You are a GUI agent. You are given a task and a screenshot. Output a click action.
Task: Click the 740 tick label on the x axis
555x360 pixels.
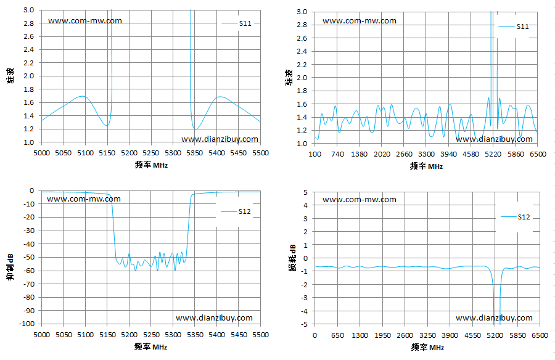[338, 154]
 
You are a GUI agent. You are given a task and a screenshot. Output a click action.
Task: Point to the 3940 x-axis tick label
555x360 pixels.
[448, 154]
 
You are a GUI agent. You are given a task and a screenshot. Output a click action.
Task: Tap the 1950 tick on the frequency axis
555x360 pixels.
[382, 335]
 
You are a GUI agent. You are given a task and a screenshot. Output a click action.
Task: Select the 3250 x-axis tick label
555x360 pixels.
[427, 335]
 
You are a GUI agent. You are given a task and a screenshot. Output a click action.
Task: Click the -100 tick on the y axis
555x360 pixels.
[27, 324]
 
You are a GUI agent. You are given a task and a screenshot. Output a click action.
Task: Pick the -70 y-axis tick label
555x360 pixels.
[28, 284]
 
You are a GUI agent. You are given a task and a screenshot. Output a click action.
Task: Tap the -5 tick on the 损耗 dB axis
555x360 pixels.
[305, 324]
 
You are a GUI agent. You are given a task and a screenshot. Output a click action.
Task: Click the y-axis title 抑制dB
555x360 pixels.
[10, 267]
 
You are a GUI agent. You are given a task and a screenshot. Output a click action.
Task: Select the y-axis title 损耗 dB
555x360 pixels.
[293, 257]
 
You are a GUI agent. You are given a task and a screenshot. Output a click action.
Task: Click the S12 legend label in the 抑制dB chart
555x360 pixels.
[245, 211]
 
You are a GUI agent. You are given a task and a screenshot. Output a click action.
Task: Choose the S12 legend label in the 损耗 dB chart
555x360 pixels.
[524, 217]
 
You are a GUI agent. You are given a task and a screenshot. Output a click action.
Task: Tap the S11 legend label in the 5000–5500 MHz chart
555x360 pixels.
[245, 23]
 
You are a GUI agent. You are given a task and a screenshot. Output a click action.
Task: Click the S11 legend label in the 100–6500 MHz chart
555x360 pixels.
[522, 26]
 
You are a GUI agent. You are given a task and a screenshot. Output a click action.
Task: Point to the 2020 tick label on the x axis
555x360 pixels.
[382, 154]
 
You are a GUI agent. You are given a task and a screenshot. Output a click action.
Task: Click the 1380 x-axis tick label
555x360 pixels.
[360, 154]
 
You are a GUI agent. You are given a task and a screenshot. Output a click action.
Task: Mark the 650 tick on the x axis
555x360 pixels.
[338, 335]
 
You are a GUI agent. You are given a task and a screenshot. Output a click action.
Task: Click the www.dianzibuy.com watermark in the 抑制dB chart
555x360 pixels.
[214, 318]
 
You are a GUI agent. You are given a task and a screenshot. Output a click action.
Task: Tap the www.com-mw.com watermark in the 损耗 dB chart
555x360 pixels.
[360, 200]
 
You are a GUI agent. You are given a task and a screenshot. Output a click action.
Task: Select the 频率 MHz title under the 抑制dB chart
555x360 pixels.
[151, 347]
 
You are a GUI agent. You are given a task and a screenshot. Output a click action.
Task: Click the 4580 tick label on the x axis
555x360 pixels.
[471, 154]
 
